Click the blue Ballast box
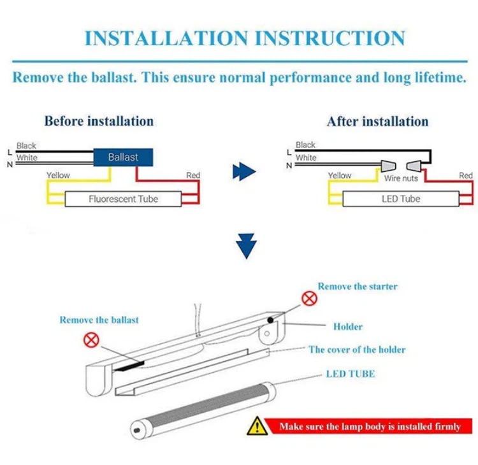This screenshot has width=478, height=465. [123, 157]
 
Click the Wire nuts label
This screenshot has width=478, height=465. [401, 178]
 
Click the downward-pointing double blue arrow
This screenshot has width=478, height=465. [248, 247]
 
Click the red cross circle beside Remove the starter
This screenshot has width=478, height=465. [309, 297]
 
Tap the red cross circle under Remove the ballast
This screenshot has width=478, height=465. [91, 340]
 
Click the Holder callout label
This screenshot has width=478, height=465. [347, 327]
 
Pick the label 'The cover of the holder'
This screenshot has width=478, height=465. [357, 350]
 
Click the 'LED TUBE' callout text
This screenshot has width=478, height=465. [350, 373]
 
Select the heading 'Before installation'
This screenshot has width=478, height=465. [99, 120]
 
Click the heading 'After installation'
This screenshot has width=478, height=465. [377, 121]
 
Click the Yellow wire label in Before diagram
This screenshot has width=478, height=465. [57, 175]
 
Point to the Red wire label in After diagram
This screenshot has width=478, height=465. [466, 175]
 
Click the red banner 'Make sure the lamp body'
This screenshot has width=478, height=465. [370, 426]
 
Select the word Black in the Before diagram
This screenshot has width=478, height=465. [26, 145]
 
